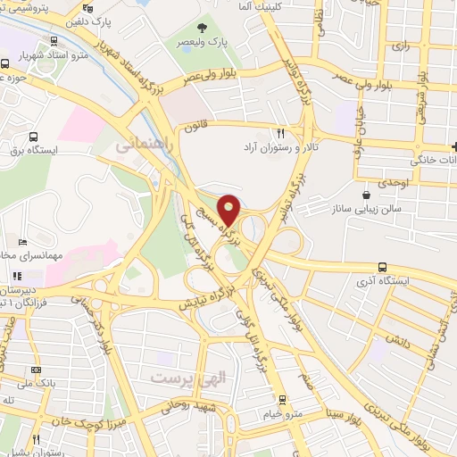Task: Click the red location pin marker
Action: (x=229, y=210)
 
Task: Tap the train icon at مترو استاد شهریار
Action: (x=55, y=41)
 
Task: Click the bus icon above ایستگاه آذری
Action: (x=382, y=266)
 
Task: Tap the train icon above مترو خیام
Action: (x=282, y=399)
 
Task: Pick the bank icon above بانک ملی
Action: (x=37, y=369)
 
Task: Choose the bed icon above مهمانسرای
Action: (x=22, y=242)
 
